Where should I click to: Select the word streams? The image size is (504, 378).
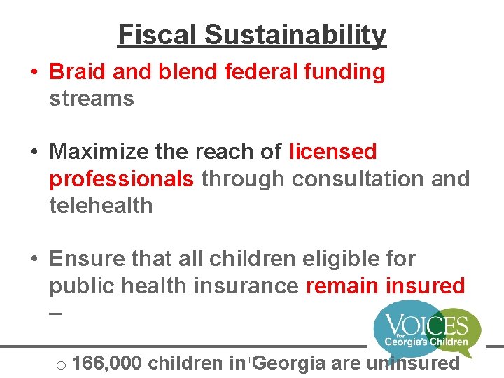pyautogui.click(x=91, y=98)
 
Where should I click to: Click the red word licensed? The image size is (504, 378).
pyautogui.click(x=333, y=151)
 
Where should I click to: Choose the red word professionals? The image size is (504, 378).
pyautogui.click(x=121, y=178)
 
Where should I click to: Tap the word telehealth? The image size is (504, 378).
pyautogui.click(x=101, y=205)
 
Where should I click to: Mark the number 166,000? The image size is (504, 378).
pyautogui.click(x=107, y=363)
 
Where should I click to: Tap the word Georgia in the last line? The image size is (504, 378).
pyautogui.click(x=290, y=363)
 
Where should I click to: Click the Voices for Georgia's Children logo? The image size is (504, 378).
pyautogui.click(x=426, y=329)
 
